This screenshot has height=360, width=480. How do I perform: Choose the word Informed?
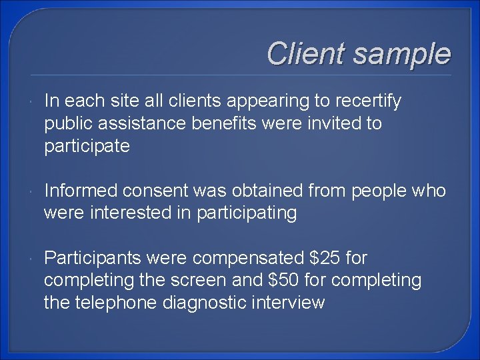pyautogui.click(x=83, y=191)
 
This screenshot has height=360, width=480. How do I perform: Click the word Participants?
pyautogui.click(x=93, y=258)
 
